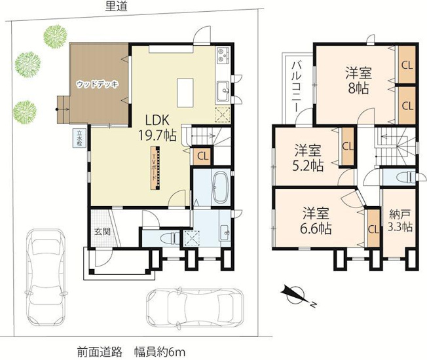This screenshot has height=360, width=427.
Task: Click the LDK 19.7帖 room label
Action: click(157, 127)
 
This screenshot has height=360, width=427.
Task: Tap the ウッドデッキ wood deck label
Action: click(98, 84)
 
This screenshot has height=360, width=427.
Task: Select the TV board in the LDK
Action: click(155, 168)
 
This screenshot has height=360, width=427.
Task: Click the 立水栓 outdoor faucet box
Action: click(79, 139)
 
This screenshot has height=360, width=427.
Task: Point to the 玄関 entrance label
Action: click(102, 232)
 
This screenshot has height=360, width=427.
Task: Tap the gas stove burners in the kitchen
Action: click(223, 55)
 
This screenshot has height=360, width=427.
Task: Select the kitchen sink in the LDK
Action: click(224, 91)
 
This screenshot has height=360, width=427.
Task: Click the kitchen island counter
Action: click(185, 93)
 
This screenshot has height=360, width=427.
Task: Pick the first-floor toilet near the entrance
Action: click(168, 239)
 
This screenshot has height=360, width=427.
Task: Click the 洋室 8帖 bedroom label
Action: click(358, 81)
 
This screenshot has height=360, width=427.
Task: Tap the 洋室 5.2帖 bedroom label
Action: click(308, 158)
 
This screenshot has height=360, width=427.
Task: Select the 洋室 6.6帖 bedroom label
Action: click(316, 221)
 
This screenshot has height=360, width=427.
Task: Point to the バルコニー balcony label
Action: click(296, 87)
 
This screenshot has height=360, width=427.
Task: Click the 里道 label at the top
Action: click(117, 7)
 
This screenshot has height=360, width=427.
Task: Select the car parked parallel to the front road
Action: click(195, 306)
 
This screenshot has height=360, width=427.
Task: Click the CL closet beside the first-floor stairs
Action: click(202, 156)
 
